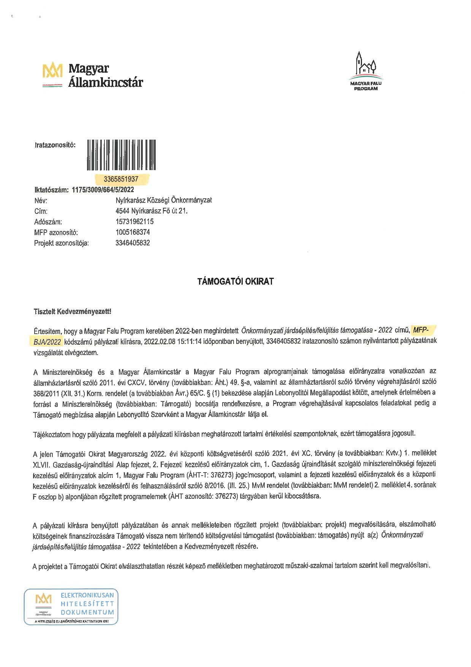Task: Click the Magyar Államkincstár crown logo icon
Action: (52, 71)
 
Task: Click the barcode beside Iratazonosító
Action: (121, 155)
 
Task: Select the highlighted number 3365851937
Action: (121, 179)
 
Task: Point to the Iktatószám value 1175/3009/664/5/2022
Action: (103, 190)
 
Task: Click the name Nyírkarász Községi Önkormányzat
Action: (164, 200)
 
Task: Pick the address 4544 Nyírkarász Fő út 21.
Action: (152, 211)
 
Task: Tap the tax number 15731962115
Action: (134, 221)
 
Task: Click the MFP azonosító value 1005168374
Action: (133, 232)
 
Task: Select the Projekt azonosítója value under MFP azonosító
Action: (133, 243)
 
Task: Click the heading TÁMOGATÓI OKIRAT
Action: (235, 282)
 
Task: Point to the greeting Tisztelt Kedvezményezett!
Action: (73, 312)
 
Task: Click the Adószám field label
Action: (48, 222)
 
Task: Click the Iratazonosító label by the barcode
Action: (55, 145)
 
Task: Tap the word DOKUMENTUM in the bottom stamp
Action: (87, 612)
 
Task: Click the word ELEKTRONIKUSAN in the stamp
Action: (87, 595)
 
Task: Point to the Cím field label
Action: (41, 211)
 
